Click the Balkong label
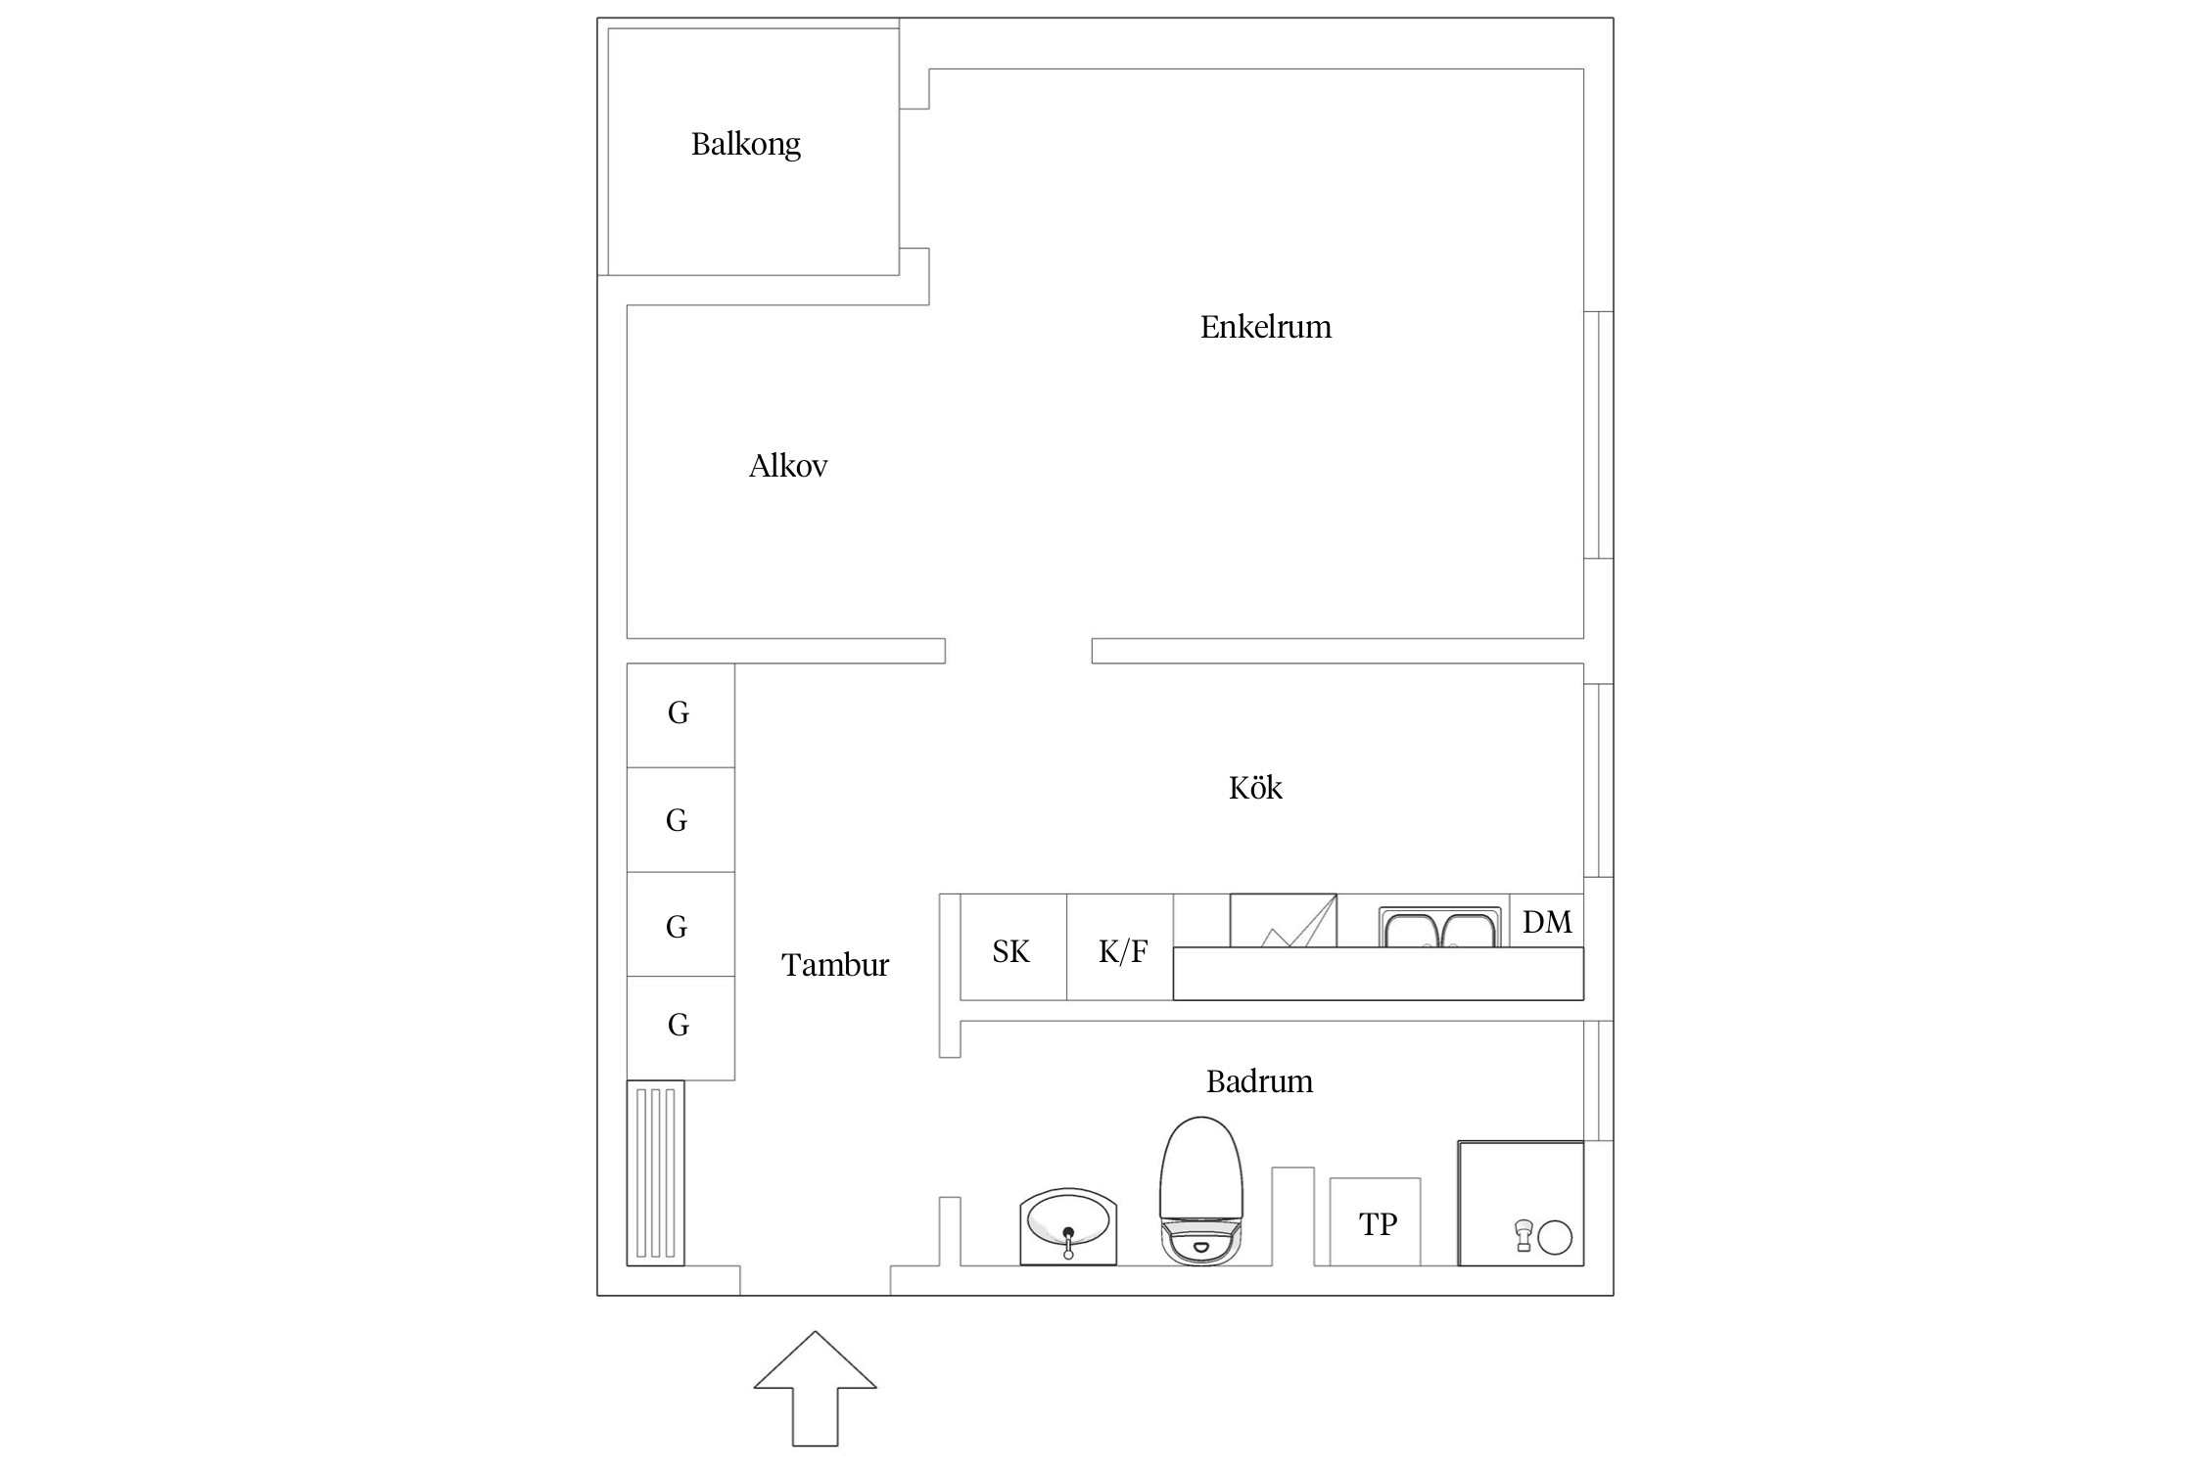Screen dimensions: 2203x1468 (746, 145)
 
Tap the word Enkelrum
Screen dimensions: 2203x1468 (1266, 327)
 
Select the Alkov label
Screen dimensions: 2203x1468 (788, 466)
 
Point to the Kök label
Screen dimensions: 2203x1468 (1255, 787)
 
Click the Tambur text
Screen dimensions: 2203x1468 (835, 965)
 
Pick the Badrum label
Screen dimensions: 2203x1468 (1259, 1081)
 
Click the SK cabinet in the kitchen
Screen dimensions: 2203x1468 (1013, 947)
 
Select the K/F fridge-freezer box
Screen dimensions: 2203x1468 (1120, 947)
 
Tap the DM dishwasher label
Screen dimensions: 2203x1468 (1547, 922)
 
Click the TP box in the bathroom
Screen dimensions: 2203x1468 (1375, 1221)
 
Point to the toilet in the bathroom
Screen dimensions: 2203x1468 (1201, 1190)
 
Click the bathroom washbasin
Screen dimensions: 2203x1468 (1068, 1227)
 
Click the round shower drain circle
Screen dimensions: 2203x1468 (1555, 1238)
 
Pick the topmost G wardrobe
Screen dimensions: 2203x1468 (680, 715)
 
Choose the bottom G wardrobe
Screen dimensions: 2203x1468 (680, 1028)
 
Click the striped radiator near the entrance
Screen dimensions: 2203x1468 (655, 1172)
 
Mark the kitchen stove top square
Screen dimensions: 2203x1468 (1283, 920)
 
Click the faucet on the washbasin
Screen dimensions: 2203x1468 (1068, 1242)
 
